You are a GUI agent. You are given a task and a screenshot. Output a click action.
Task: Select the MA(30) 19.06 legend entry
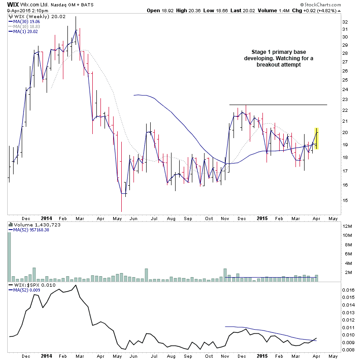(x=27, y=21)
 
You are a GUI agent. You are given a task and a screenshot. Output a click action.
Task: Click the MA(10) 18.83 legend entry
(x=27, y=26)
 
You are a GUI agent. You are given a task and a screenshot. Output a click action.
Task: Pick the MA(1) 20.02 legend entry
(x=25, y=31)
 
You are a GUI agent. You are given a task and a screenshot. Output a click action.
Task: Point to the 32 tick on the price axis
(x=345, y=22)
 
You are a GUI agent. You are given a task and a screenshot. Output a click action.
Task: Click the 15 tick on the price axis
(x=345, y=200)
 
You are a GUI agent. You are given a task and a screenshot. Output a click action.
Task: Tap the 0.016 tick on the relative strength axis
(x=348, y=289)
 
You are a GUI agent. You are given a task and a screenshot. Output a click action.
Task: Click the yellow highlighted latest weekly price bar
(x=317, y=139)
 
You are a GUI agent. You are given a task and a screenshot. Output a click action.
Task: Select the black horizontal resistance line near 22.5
(x=278, y=105)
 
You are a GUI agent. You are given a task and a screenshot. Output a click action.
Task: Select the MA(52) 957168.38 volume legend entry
(x=32, y=230)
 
